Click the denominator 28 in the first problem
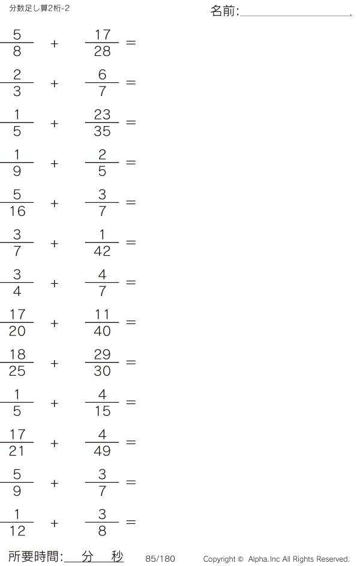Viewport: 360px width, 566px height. [102, 52]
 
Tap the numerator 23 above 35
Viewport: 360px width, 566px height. [102, 115]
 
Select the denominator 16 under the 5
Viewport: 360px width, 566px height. [17, 211]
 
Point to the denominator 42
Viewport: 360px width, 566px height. [102, 251]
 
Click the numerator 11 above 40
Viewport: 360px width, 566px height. [102, 315]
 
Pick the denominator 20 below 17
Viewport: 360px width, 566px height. [17, 331]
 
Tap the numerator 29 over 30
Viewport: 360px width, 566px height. [102, 355]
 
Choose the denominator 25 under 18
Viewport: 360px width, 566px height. [17, 371]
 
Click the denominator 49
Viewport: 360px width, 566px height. [102, 451]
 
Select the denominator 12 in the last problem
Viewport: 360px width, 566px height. [17, 531]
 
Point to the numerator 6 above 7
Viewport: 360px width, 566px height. [102, 74]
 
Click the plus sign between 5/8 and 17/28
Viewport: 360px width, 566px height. [55, 44]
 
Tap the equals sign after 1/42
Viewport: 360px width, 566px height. [131, 242]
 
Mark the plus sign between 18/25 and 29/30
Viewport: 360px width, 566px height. [55, 364]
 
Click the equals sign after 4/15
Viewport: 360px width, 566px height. [131, 402]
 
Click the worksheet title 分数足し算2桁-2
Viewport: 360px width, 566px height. [40, 8]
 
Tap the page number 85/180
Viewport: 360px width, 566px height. [160, 559]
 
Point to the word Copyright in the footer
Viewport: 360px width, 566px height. [220, 559]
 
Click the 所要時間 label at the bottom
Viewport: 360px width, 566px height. [33, 556]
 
